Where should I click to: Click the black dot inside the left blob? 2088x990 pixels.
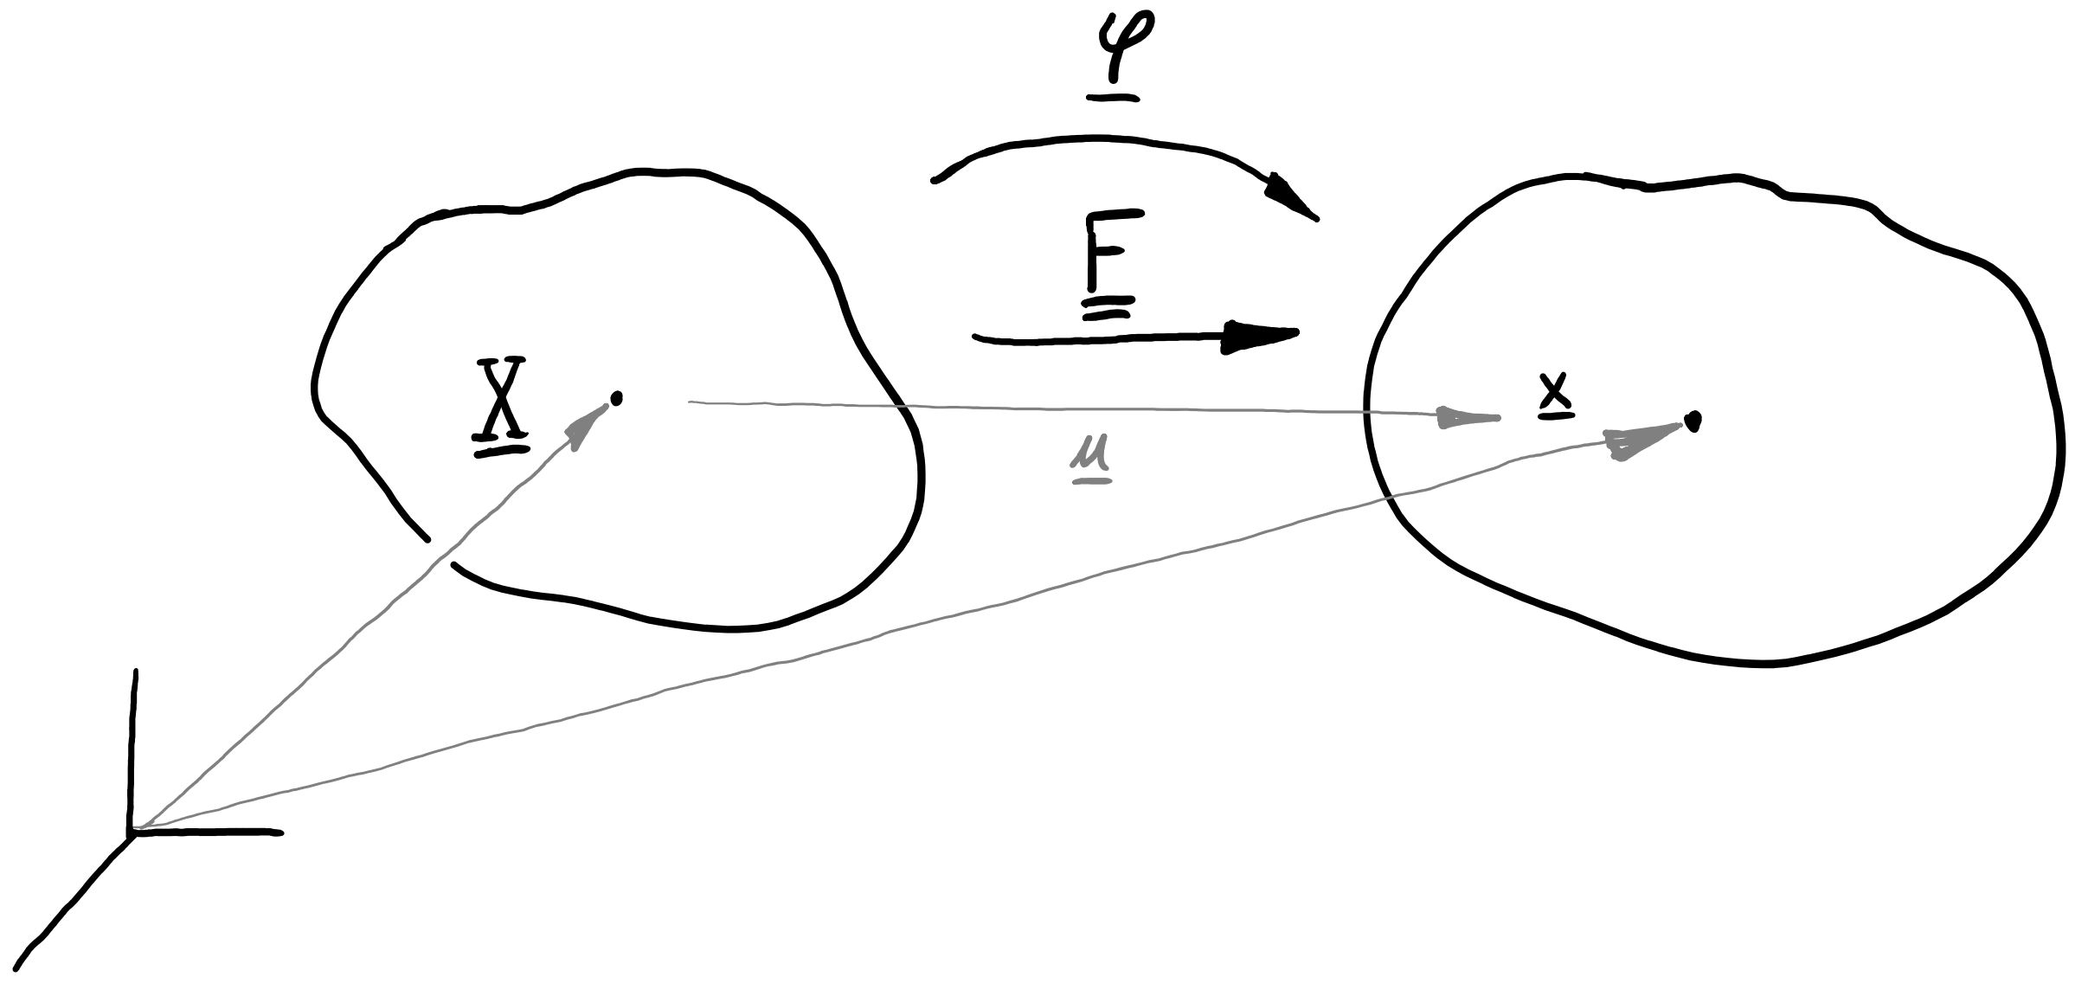[616, 398]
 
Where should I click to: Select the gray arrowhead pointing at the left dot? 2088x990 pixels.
[587, 425]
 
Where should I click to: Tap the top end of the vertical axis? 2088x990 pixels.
[134, 672]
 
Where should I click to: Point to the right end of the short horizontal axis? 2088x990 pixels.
[279, 833]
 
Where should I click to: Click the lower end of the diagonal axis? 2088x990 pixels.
[17, 967]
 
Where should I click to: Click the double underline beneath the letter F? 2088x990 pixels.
[1107, 308]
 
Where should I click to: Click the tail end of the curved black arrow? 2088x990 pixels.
[935, 180]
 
